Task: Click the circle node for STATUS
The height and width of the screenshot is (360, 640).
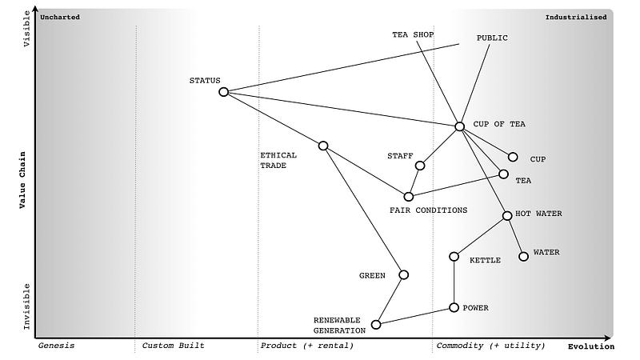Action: (223, 92)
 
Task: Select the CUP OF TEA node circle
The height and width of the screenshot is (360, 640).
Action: (459, 126)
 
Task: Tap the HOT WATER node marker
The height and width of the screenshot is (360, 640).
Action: (507, 215)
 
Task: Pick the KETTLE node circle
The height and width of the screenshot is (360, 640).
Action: (454, 257)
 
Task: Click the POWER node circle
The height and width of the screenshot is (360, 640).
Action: (454, 307)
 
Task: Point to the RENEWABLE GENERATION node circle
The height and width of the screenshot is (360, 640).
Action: (376, 324)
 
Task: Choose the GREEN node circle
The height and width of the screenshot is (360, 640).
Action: (403, 274)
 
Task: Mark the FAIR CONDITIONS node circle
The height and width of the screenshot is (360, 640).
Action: (408, 196)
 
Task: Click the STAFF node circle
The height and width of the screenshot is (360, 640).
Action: (420, 166)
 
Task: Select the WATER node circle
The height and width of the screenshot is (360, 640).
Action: (524, 256)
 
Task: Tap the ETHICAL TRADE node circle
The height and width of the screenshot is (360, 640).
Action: (323, 146)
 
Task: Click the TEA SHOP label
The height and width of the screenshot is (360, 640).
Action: (412, 35)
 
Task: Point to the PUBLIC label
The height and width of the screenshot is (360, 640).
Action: (492, 38)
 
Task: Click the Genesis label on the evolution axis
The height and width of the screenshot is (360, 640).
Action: (57, 346)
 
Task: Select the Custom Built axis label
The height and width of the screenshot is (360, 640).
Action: (173, 346)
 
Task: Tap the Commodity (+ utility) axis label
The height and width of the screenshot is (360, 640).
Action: (490, 346)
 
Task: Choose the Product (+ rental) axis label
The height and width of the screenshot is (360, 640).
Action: (306, 346)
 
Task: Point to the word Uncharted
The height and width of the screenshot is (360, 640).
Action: (60, 17)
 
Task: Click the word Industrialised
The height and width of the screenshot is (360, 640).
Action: (575, 17)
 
